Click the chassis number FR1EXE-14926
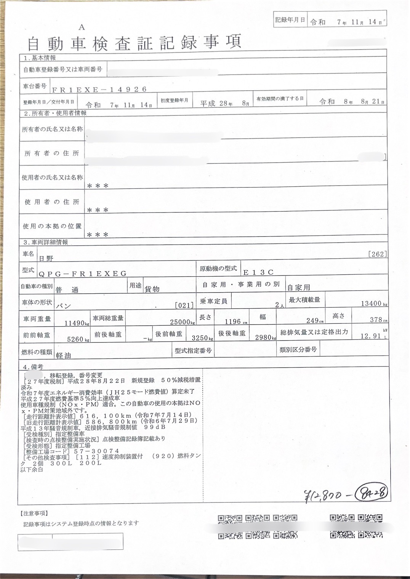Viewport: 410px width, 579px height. point(99,90)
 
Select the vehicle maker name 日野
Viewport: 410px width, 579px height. point(46,258)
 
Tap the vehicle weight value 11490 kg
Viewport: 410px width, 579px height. point(77,323)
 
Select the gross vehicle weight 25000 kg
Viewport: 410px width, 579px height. point(181,322)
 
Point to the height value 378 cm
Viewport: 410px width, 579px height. point(379,320)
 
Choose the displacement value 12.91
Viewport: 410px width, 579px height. point(371,336)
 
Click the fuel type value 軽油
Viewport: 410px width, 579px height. point(63,355)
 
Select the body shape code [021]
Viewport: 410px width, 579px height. point(184,305)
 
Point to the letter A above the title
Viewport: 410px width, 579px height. point(82,27)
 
